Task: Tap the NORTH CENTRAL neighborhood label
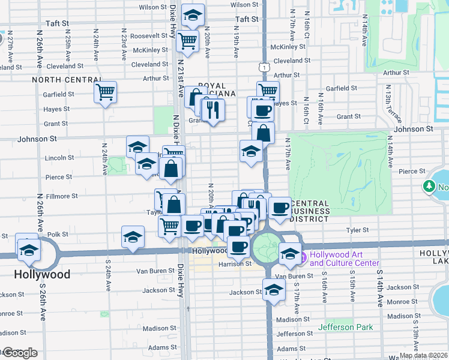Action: click(67, 80)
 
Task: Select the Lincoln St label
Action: click(62, 158)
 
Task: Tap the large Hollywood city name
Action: click(42, 275)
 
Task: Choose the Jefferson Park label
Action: click(346, 327)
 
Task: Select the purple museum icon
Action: click(303, 259)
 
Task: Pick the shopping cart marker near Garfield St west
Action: click(105, 92)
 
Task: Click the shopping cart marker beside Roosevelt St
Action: click(187, 41)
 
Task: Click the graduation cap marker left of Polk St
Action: click(133, 236)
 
